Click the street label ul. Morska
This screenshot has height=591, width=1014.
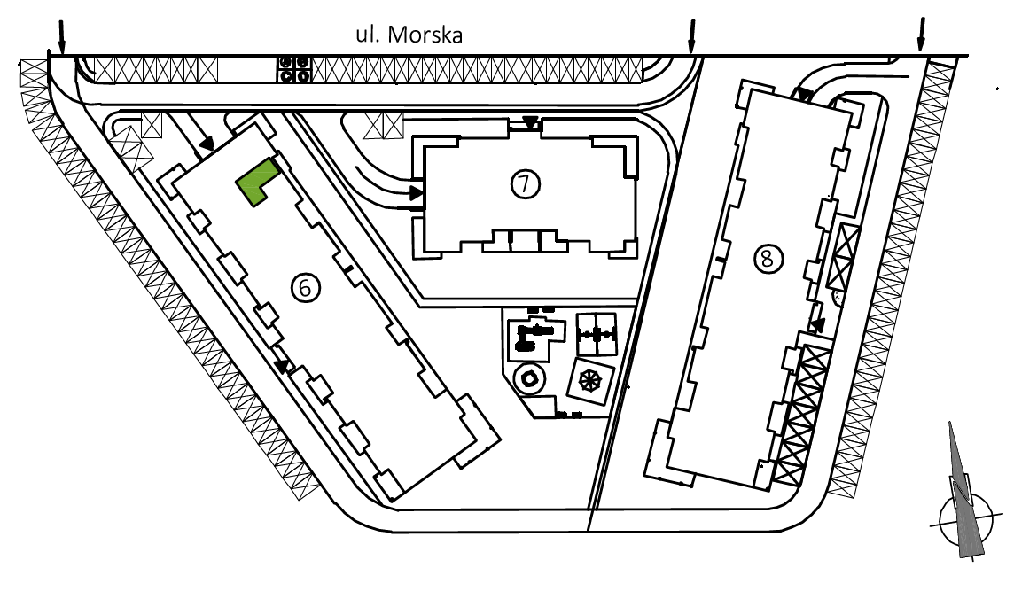[x=409, y=35]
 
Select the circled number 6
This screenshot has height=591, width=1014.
[x=306, y=287]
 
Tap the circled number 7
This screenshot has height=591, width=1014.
[x=525, y=184]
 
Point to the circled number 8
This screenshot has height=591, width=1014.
[x=768, y=259]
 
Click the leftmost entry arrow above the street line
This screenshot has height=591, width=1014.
[x=62, y=37]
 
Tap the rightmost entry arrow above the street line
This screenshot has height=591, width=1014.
[x=922, y=35]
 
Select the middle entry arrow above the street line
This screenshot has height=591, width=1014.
[x=692, y=36]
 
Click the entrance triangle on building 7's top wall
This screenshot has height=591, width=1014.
[x=530, y=122]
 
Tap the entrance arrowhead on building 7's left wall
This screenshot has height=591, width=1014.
[x=416, y=192]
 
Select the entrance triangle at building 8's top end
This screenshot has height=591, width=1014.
[x=804, y=95]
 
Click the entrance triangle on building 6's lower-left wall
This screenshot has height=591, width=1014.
[x=281, y=367]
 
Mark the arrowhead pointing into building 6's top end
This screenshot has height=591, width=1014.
[x=207, y=144]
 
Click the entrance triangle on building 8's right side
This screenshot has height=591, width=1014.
[x=817, y=325]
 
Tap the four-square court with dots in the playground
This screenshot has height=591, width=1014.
[x=597, y=334]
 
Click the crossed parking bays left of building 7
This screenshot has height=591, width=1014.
[x=383, y=126]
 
